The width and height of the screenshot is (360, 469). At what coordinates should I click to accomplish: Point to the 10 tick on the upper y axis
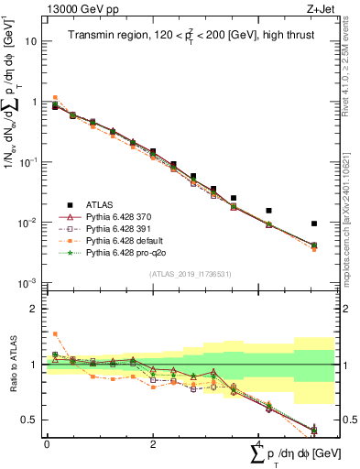click(x=32, y=42)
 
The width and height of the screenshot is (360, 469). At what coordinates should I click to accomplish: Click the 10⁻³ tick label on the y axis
click(x=27, y=283)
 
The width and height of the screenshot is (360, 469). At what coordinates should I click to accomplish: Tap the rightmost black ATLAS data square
click(x=313, y=224)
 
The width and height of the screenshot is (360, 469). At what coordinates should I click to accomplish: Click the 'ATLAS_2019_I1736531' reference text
click(x=183, y=274)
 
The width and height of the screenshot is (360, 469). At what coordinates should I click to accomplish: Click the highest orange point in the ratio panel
click(x=55, y=333)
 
